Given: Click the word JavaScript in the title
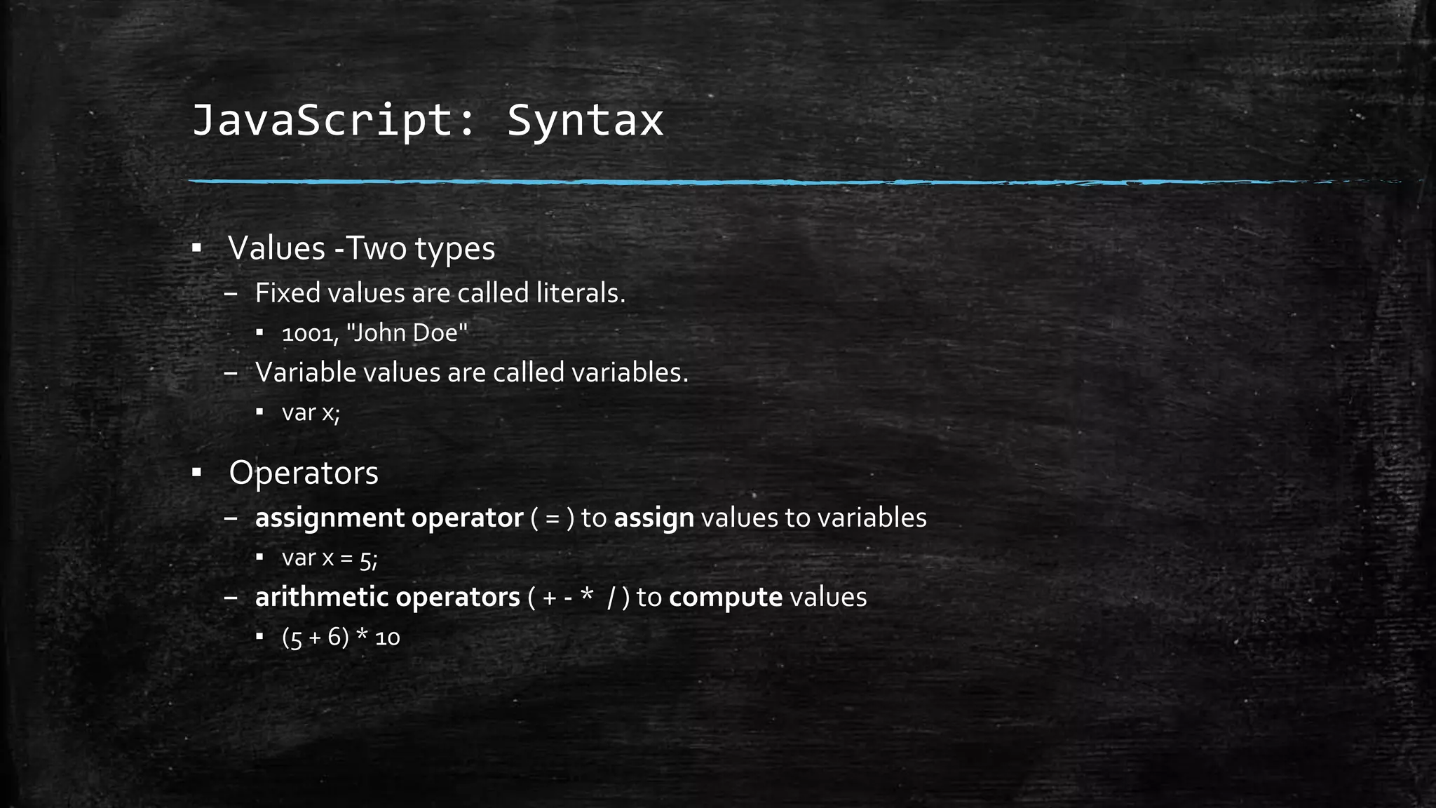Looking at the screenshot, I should click(x=323, y=121).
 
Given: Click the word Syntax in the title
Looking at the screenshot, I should click(x=585, y=121).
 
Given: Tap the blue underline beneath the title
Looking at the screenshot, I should click(x=701, y=182).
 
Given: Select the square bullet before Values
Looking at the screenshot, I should click(x=197, y=248).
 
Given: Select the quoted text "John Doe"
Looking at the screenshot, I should click(x=407, y=332).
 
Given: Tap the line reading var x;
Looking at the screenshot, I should click(x=311, y=412).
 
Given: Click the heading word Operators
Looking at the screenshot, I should click(x=303, y=473).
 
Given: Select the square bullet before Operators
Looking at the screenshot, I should click(x=197, y=473).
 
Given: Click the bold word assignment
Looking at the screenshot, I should click(x=330, y=518).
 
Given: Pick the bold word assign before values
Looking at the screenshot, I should click(x=653, y=518).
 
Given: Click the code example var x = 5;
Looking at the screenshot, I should click(x=330, y=558).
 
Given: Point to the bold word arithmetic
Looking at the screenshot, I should click(x=321, y=598).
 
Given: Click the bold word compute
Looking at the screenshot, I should click(x=726, y=598).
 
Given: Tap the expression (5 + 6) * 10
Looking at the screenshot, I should click(x=341, y=638).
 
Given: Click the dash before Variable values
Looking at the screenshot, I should click(x=231, y=373).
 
